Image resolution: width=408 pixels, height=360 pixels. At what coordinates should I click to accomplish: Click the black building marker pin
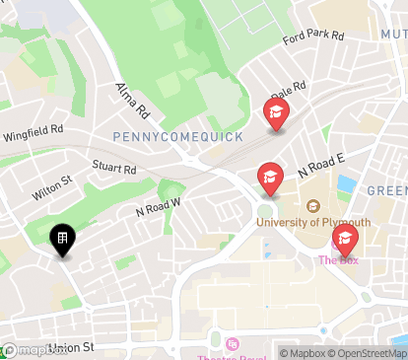pos(61,240)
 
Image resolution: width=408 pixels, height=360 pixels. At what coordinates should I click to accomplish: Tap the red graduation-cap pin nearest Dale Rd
pos(276,114)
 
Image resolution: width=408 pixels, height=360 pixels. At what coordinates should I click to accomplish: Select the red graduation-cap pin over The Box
pos(344,239)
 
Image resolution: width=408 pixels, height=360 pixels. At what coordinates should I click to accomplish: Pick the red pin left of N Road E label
pos(269,178)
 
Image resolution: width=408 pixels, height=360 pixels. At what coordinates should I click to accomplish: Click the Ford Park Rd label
pos(312,37)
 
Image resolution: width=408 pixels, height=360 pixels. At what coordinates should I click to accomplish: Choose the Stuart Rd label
pos(114,169)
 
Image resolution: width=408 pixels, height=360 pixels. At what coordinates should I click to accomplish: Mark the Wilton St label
pos(51,186)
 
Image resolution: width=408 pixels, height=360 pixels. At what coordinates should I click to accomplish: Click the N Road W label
pos(158,206)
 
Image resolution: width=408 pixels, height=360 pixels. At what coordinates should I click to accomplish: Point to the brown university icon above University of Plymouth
pos(312,206)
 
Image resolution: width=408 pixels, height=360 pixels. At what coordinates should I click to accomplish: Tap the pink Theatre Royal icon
pos(233,343)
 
